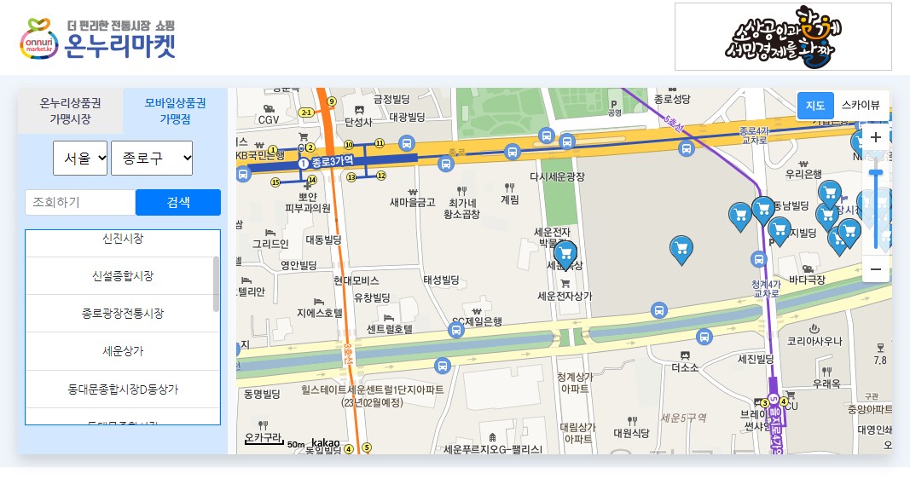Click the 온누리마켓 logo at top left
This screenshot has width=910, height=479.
(x=97, y=38)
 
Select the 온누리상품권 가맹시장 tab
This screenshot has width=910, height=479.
(x=70, y=111)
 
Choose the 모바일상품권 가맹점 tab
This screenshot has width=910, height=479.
(x=175, y=111)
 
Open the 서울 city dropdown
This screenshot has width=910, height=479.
(x=80, y=158)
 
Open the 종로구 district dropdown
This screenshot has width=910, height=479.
(x=152, y=158)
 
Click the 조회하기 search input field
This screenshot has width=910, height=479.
(x=80, y=202)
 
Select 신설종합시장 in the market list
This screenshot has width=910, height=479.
(x=122, y=276)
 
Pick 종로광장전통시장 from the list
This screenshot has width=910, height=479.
(x=122, y=314)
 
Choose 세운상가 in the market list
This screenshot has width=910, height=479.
(x=122, y=350)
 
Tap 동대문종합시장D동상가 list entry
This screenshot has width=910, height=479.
(x=122, y=389)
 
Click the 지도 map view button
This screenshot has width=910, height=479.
(x=815, y=106)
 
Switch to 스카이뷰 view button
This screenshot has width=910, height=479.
(x=861, y=106)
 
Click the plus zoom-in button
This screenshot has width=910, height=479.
(x=875, y=137)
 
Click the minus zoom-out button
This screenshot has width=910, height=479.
(x=875, y=269)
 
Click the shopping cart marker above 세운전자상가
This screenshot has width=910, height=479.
(x=565, y=253)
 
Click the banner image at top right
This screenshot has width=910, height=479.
(x=783, y=37)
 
